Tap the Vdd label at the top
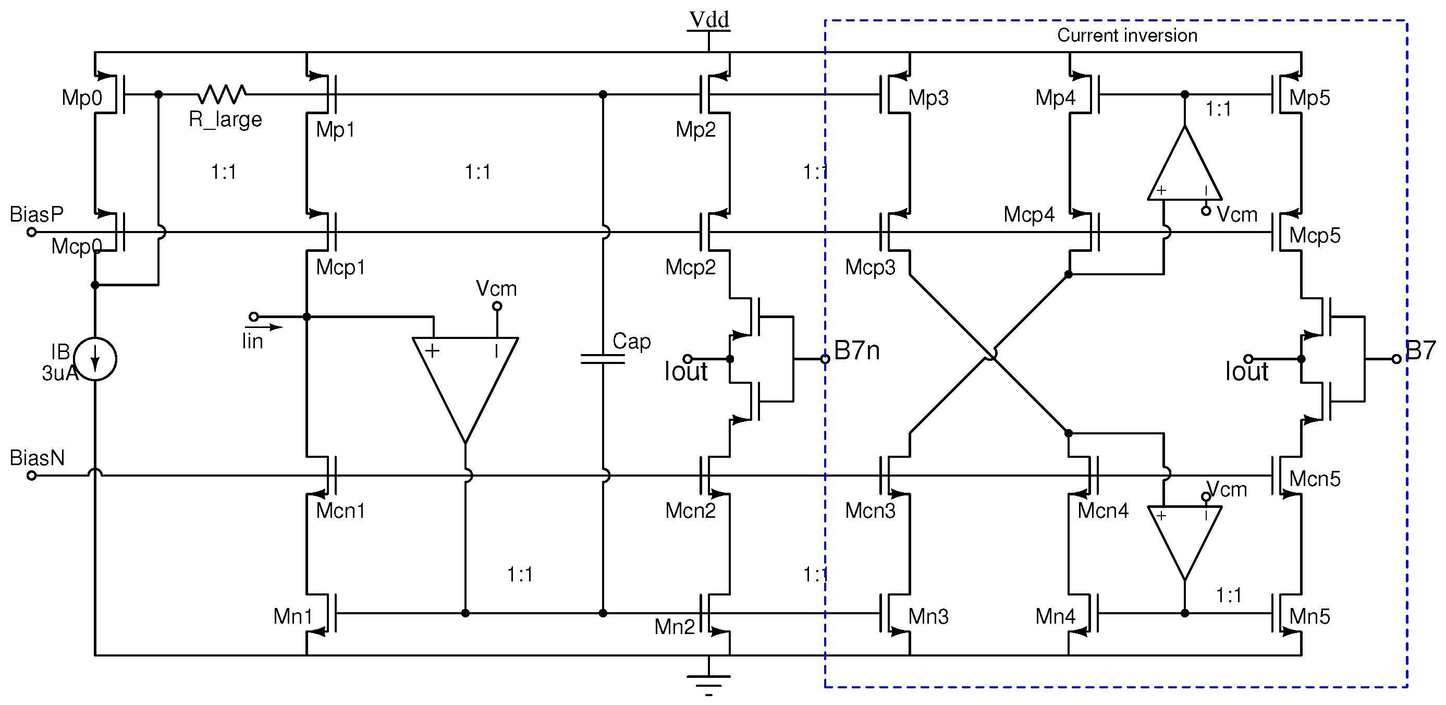(x=709, y=20)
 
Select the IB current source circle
(x=95, y=359)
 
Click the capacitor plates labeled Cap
(x=602, y=359)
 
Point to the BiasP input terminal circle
(x=32, y=232)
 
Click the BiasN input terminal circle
(x=32, y=476)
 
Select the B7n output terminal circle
(x=825, y=359)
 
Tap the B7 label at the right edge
(x=1419, y=350)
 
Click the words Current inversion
(x=1126, y=35)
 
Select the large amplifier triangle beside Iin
(x=465, y=382)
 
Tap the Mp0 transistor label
(x=82, y=98)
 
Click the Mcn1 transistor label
(x=340, y=510)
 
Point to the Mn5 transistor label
(x=1309, y=617)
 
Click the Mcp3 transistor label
(x=870, y=268)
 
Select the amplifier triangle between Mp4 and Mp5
(x=1184, y=168)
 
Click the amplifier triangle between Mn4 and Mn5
(x=1184, y=537)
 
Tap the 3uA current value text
(x=59, y=373)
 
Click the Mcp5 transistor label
(x=1315, y=235)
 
